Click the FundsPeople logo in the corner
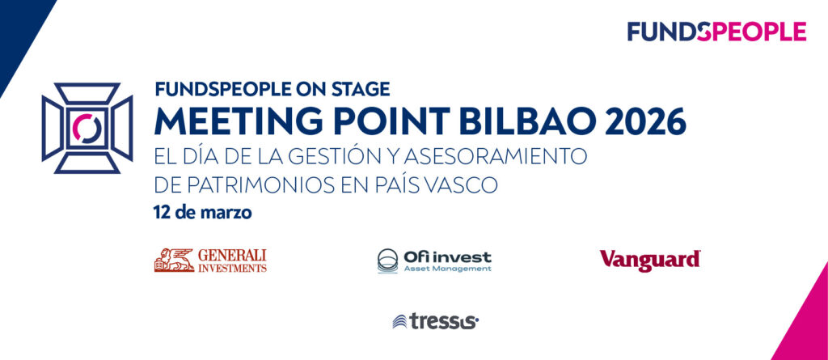[x=716, y=32]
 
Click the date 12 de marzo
[x=202, y=214]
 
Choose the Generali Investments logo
[x=210, y=260]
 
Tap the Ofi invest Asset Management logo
[x=434, y=260]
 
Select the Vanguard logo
[x=649, y=260]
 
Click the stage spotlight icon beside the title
[x=87, y=128]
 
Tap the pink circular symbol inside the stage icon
[x=87, y=128]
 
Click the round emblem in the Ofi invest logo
[x=387, y=260]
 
